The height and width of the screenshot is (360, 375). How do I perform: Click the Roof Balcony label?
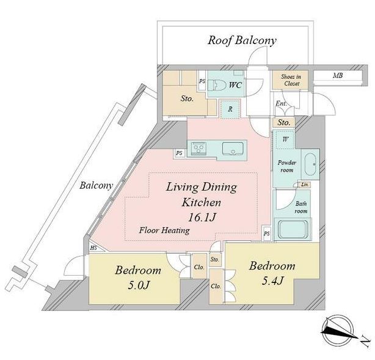point(242,40)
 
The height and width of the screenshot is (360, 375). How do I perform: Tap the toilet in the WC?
point(216,85)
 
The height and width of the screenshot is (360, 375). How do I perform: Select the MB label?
point(338,76)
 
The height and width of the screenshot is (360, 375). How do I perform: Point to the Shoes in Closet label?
point(291,80)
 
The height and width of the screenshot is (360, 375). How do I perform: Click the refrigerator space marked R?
point(230,109)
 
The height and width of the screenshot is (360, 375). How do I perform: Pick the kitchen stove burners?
point(198,149)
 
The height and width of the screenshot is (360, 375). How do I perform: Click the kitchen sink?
point(233,149)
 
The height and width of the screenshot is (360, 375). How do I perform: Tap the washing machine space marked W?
point(285,139)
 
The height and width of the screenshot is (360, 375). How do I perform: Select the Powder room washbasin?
point(311,164)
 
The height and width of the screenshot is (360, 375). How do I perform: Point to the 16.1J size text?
point(202,218)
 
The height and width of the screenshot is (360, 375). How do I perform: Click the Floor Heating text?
point(164,230)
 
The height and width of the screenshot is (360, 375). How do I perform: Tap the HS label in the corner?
point(93,248)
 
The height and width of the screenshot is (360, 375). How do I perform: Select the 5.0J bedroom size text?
point(139,285)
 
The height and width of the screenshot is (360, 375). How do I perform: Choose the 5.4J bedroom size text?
point(272,281)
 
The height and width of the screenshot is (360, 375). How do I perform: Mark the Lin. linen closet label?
point(304,185)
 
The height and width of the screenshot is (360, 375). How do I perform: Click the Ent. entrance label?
point(281,104)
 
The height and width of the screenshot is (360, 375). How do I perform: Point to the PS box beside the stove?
point(179,153)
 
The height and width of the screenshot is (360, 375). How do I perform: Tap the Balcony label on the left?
point(96,186)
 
